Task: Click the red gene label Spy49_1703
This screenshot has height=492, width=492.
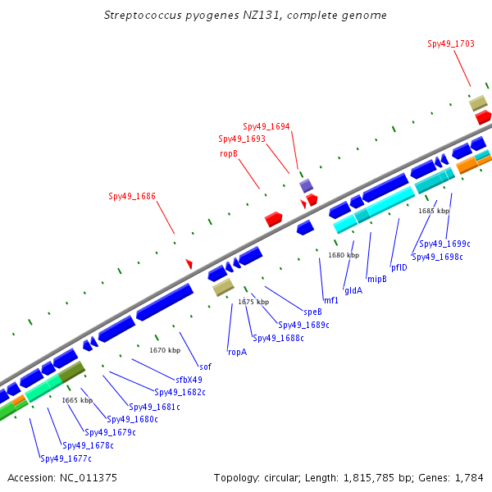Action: coord(450,44)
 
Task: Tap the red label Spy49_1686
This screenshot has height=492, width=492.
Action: coord(132,196)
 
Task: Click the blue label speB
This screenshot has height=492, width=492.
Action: coord(312,312)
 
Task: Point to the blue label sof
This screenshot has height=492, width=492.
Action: coord(205,367)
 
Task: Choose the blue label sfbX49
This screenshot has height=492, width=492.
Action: coord(189,380)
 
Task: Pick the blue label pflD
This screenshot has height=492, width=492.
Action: coord(399,267)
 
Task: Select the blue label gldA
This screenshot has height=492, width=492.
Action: coord(353,290)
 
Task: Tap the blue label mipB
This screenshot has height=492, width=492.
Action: coord(376,279)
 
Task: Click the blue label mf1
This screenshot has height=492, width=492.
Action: coord(330,300)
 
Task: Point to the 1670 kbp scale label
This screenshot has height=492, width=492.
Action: coord(164,350)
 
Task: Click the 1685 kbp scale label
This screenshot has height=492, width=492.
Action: coord(434,211)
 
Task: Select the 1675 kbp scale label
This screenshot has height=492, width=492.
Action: coord(253,302)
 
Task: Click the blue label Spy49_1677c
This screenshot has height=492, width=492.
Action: coord(66,458)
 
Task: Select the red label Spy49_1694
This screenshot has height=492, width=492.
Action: coord(266,127)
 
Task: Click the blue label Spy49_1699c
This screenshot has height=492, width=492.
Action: coord(444,244)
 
